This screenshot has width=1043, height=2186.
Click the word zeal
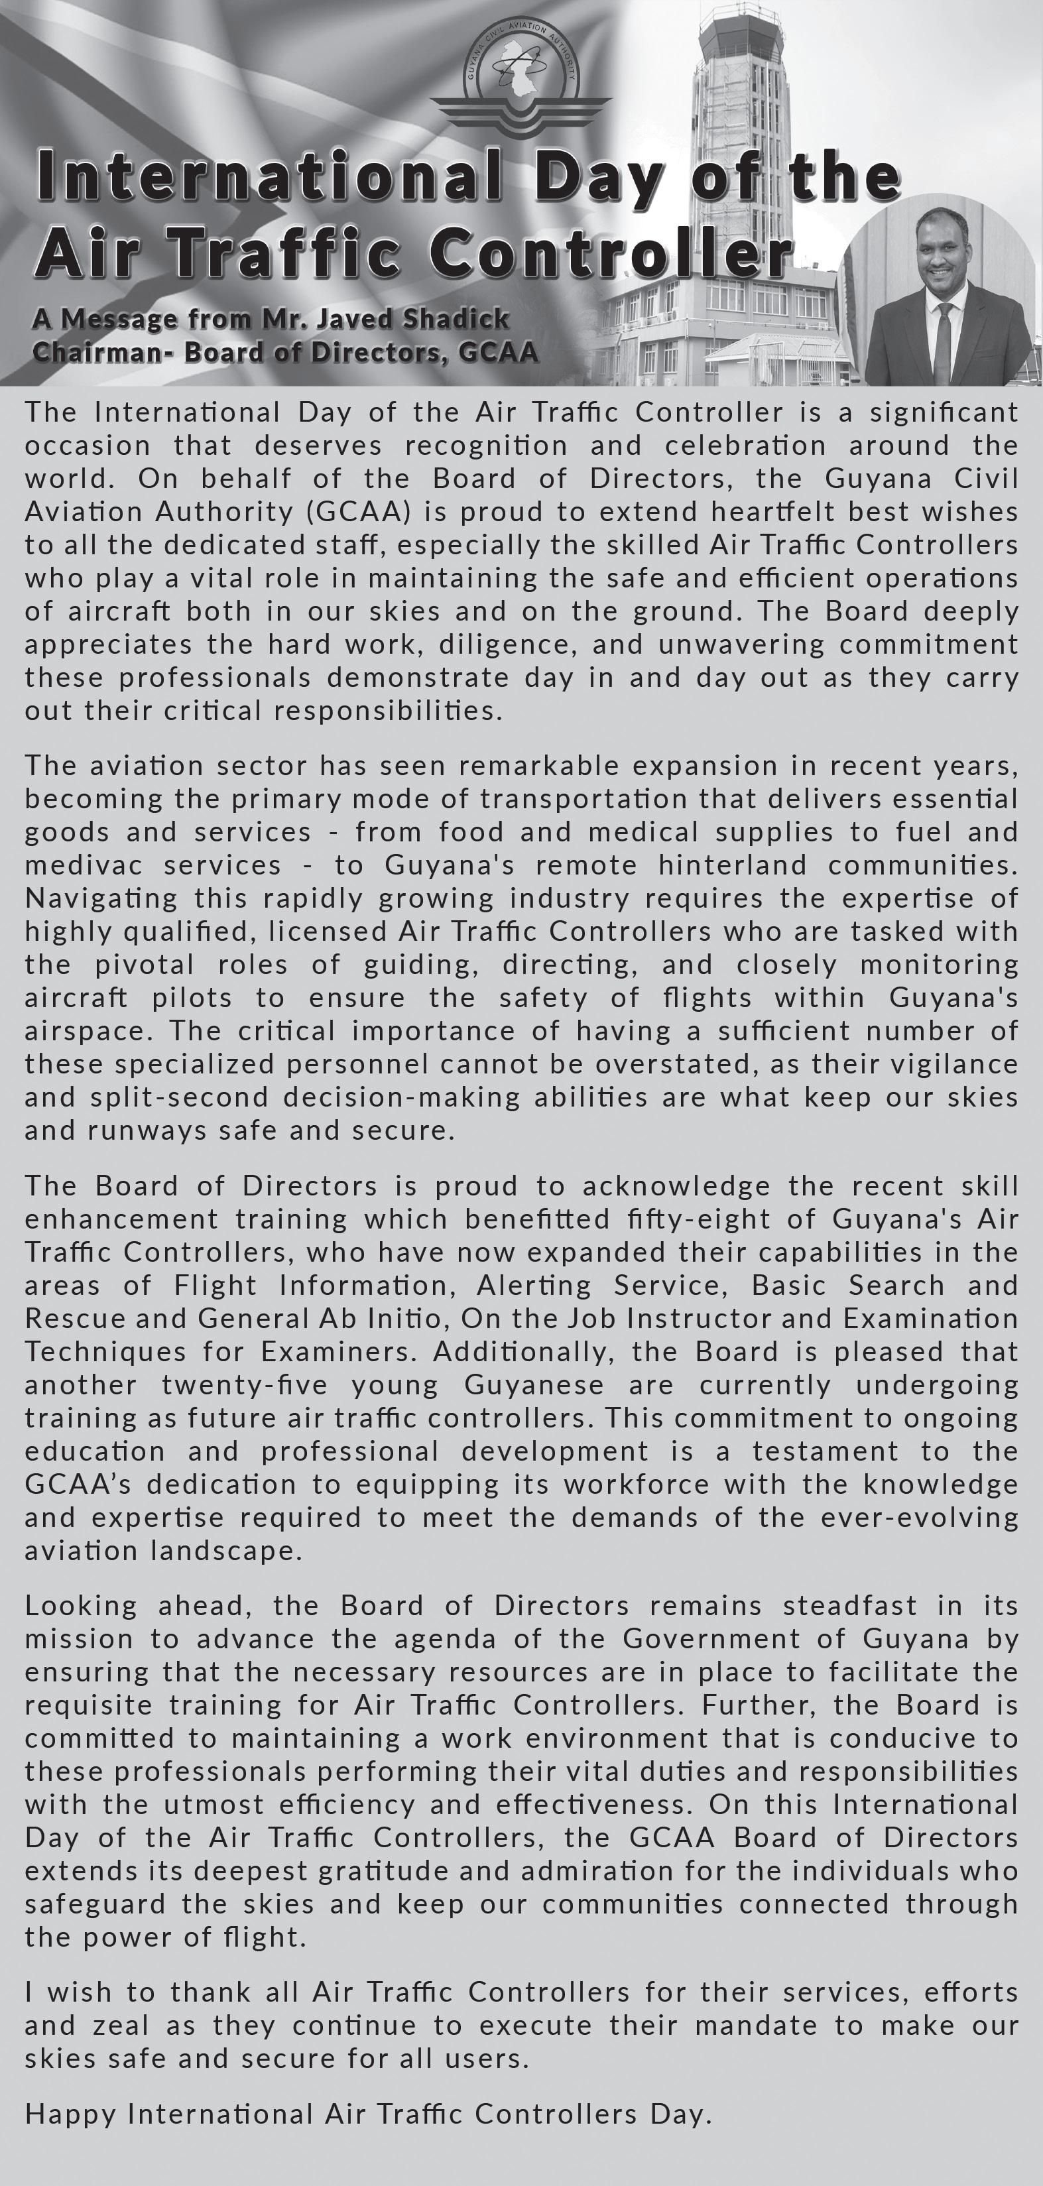[119, 2026]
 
